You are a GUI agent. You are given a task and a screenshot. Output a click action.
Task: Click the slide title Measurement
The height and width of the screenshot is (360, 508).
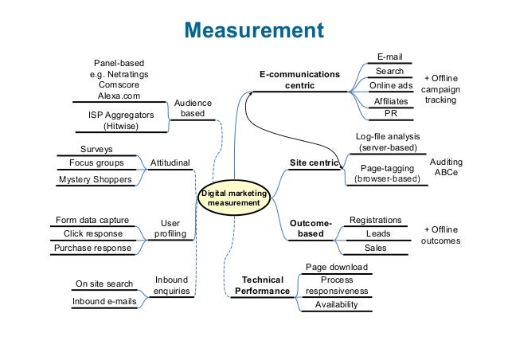(x=254, y=31)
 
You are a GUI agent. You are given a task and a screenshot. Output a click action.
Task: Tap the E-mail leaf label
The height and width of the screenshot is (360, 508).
(x=389, y=57)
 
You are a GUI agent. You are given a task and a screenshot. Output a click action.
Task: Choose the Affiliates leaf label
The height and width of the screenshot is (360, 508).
(x=390, y=102)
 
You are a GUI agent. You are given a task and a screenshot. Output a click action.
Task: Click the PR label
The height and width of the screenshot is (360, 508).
(x=390, y=114)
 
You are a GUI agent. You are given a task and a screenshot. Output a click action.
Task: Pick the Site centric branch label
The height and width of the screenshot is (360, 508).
(x=314, y=162)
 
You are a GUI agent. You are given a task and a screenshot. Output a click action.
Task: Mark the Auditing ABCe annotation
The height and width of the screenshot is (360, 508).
(x=445, y=166)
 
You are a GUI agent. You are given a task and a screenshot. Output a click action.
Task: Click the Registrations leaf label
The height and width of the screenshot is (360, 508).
(x=376, y=220)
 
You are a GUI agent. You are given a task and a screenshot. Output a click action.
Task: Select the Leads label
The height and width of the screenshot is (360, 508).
(x=377, y=234)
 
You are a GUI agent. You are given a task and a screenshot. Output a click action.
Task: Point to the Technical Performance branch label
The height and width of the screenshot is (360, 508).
(x=262, y=286)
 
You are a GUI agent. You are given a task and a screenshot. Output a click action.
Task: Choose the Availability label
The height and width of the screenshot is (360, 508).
(x=336, y=304)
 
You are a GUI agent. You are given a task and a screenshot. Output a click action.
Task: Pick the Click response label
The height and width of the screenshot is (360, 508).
(x=92, y=234)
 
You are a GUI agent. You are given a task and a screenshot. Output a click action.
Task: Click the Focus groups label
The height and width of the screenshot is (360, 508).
(x=96, y=163)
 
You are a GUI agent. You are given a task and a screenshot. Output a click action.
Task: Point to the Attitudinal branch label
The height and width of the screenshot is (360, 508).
(x=170, y=162)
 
